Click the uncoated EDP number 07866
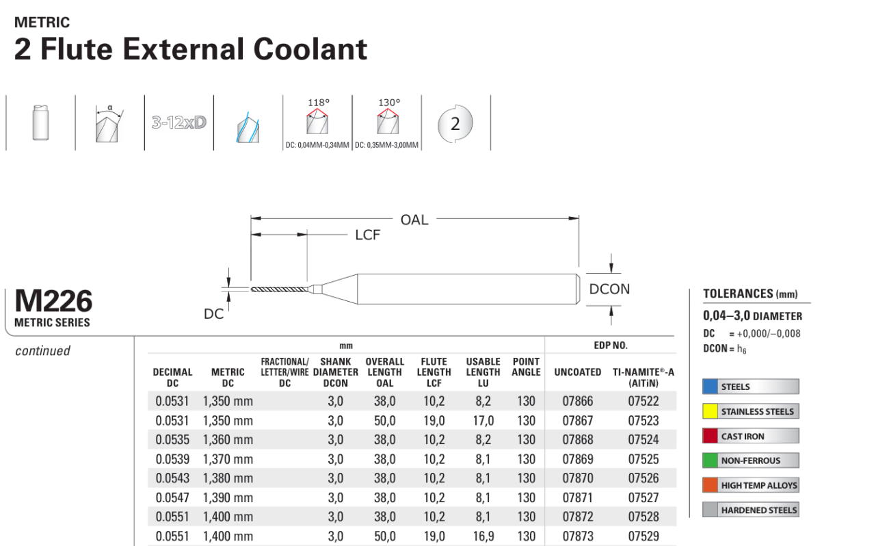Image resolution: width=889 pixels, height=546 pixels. (577, 402)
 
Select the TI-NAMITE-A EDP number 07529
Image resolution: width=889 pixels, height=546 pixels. (643, 536)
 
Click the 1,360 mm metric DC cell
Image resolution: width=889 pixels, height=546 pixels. (228, 440)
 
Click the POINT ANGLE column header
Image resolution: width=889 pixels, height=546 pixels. (526, 367)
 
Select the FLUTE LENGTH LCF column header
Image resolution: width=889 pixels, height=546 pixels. (434, 372)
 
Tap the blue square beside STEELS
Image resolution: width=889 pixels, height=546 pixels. (710, 387)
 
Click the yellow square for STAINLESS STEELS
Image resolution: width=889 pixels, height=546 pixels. (710, 411)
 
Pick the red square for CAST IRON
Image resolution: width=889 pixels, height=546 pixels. (710, 436)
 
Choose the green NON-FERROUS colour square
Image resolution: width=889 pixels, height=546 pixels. (710, 460)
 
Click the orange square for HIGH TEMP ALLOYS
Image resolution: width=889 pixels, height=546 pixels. (710, 485)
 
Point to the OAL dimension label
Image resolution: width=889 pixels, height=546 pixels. (414, 220)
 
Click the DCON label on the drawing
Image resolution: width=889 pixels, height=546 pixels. (609, 289)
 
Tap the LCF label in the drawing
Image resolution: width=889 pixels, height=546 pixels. (367, 235)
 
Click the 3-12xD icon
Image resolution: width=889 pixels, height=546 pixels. (178, 124)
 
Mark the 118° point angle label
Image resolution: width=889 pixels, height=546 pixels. (318, 103)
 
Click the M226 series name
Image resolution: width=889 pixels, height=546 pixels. (53, 302)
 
